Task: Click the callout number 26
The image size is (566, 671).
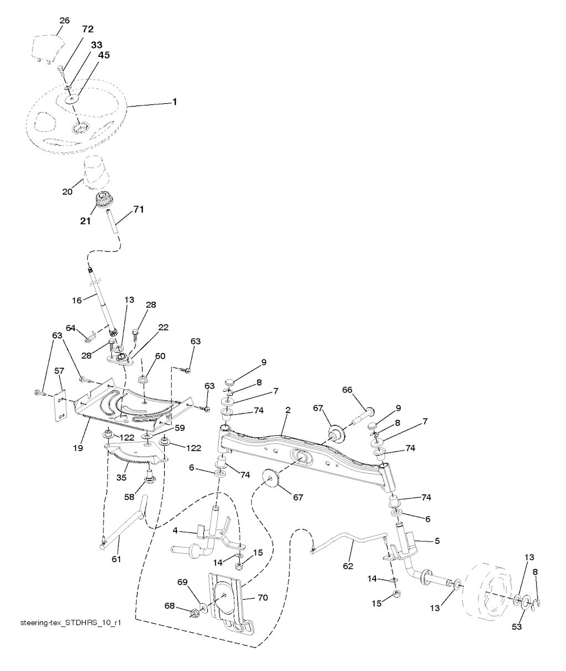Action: point(65,20)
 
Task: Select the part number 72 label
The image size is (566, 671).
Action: point(87,29)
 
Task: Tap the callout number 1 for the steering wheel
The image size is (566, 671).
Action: point(175,102)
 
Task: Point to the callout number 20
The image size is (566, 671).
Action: point(67,192)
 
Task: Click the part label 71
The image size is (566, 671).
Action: point(138,209)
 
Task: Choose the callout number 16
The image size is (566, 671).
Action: point(77,300)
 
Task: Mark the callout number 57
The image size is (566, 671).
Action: point(59,371)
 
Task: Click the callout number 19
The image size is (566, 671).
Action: point(78,448)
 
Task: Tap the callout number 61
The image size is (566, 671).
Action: point(116,559)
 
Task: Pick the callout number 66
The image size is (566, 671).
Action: point(347,390)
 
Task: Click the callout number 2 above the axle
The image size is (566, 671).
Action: point(288,410)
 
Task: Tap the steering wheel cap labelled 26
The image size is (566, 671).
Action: point(48,48)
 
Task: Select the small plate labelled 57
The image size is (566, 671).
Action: point(61,405)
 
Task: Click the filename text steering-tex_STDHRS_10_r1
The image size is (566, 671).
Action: point(71,623)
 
